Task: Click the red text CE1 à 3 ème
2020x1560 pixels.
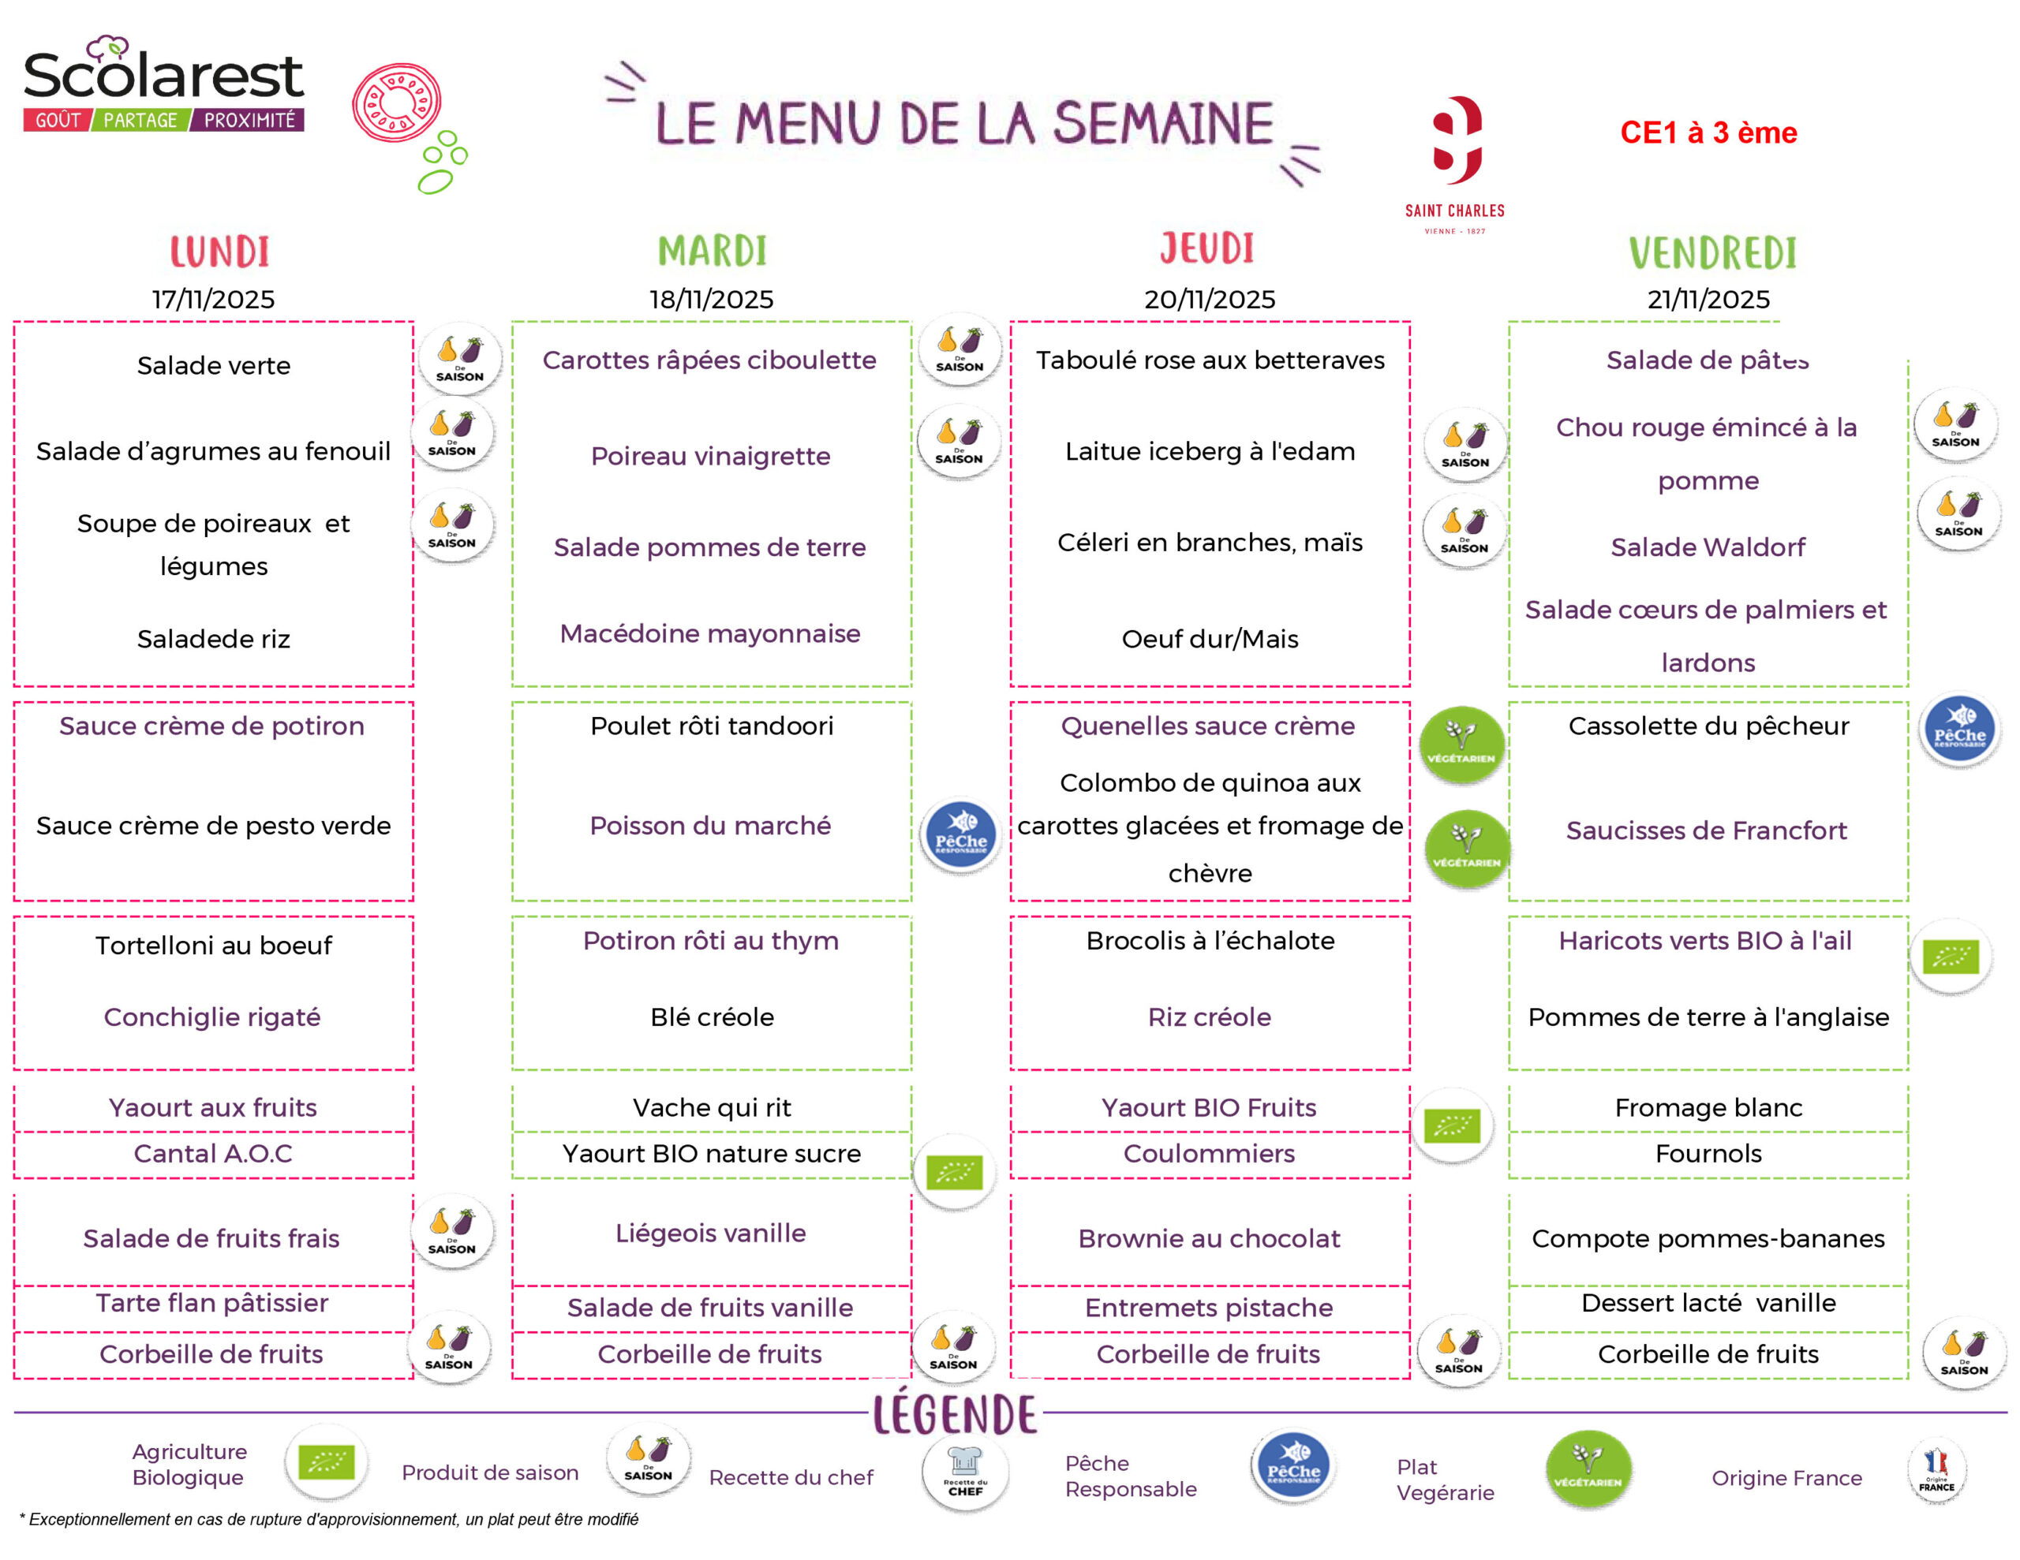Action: pyautogui.click(x=1708, y=133)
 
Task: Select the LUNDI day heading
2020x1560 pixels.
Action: pyautogui.click(x=219, y=252)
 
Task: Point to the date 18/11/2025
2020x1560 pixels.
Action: pyautogui.click(x=710, y=300)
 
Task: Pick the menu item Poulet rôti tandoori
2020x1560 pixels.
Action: pyautogui.click(x=711, y=726)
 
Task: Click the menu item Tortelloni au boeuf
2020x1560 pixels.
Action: pyautogui.click(x=214, y=945)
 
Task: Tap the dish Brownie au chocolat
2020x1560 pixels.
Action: pyautogui.click(x=1209, y=1238)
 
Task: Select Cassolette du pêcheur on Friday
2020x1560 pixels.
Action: pyautogui.click(x=1708, y=726)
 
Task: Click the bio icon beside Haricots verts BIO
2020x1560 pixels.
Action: pyautogui.click(x=1951, y=956)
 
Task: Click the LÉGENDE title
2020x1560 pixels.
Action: pyautogui.click(x=956, y=1415)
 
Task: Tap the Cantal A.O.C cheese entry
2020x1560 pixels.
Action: pyautogui.click(x=213, y=1153)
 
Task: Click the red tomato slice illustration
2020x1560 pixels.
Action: pyautogui.click(x=397, y=103)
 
